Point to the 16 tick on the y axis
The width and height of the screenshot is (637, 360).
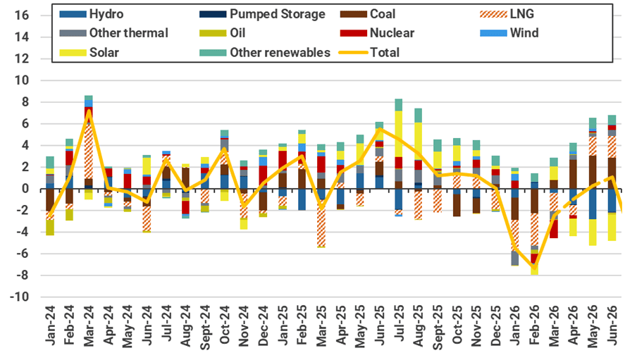pyautogui.click(x=21, y=15)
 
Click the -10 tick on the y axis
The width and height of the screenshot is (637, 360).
pyautogui.click(x=19, y=297)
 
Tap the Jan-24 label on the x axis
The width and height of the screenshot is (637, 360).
pyautogui.click(x=50, y=330)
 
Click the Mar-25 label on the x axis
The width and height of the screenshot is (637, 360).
pyautogui.click(x=321, y=330)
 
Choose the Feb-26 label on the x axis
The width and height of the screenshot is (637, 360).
pyautogui.click(x=534, y=330)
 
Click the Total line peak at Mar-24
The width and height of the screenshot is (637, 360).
pyautogui.click(x=89, y=111)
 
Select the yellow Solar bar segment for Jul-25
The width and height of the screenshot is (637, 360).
pyautogui.click(x=399, y=134)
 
